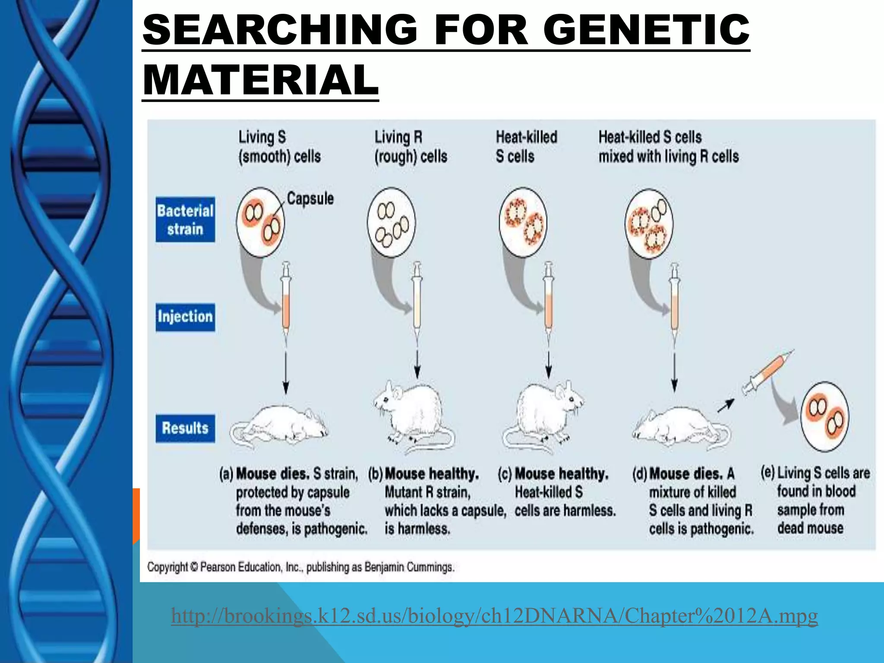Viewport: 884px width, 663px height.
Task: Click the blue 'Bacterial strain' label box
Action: [x=185, y=219]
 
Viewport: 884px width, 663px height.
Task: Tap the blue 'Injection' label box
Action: [x=185, y=317]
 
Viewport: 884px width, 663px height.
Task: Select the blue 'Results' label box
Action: [x=185, y=428]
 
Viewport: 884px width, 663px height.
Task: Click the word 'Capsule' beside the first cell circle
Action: [x=310, y=199]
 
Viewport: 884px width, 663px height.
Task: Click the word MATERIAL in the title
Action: [x=260, y=80]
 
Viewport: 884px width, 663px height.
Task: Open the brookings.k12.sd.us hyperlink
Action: [x=494, y=616]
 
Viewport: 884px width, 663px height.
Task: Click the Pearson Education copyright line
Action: [x=301, y=567]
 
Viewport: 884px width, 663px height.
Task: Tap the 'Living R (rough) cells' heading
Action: [x=410, y=147]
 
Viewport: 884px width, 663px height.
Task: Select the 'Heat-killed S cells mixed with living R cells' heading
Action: [x=668, y=147]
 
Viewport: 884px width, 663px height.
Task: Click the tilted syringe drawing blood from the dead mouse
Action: [x=767, y=373]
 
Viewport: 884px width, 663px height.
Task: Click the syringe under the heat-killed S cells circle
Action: [x=548, y=302]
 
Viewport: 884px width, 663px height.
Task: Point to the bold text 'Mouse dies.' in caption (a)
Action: [x=273, y=474]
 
